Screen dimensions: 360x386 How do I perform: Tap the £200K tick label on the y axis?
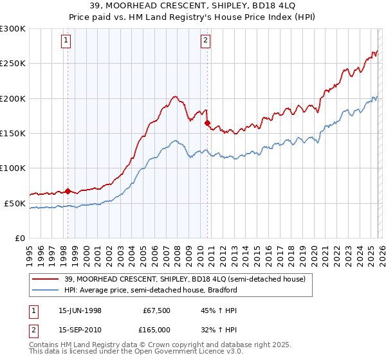[13, 98]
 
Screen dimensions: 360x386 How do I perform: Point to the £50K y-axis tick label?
[15, 203]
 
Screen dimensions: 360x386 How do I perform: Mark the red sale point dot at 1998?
[68, 191]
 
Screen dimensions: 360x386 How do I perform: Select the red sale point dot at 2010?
[207, 123]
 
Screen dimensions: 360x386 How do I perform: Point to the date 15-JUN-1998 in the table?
[80, 310]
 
